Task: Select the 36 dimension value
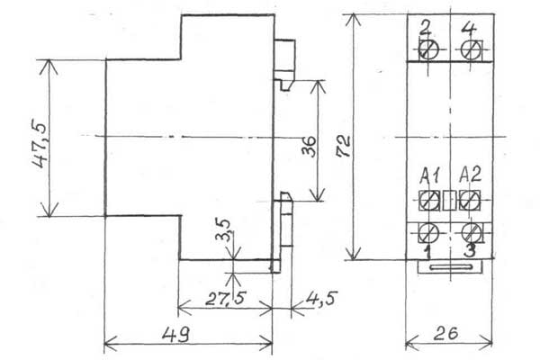(x=309, y=146)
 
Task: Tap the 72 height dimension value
(x=343, y=146)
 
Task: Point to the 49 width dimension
(x=175, y=334)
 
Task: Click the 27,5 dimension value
(x=226, y=298)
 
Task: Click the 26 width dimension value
(x=446, y=333)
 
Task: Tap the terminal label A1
(x=430, y=175)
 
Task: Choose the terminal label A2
(x=470, y=175)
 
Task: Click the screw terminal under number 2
(x=428, y=49)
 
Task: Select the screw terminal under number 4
(x=472, y=50)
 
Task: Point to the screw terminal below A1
(x=429, y=201)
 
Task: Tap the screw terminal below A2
(x=470, y=200)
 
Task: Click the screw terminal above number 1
(x=428, y=232)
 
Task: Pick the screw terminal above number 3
(x=471, y=232)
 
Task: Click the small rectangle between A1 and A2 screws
(x=449, y=200)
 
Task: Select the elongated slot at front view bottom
(x=450, y=266)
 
